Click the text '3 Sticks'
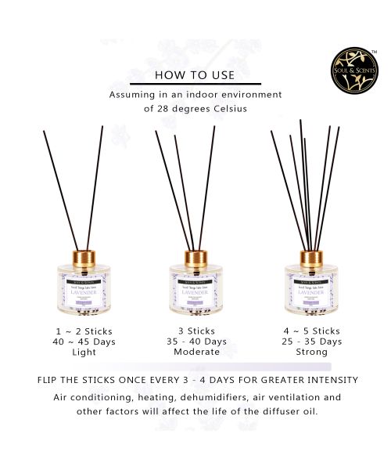pyautogui.click(x=192, y=332)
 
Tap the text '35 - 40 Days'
pyautogui.click(x=192, y=342)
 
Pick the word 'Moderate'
pyautogui.click(x=192, y=352)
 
